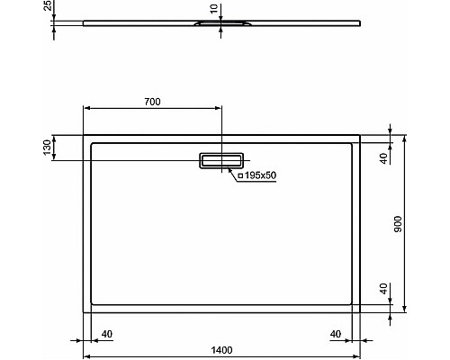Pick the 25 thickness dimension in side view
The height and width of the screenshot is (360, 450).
pyautogui.click(x=47, y=12)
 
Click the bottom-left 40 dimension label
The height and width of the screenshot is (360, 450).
pyautogui.click(x=107, y=334)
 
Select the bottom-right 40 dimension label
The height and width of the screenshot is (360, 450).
pyautogui.click(x=336, y=334)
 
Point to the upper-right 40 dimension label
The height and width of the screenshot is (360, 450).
pyautogui.click(x=382, y=157)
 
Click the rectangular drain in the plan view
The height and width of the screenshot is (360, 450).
pyautogui.click(x=221, y=160)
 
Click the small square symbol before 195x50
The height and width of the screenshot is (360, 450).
pyautogui.click(x=239, y=175)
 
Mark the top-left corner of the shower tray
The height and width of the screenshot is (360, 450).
pyautogui.click(x=85, y=136)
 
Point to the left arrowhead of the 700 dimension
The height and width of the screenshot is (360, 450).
pyautogui.click(x=87, y=109)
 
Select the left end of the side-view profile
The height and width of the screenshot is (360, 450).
pyautogui.click(x=85, y=22)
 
